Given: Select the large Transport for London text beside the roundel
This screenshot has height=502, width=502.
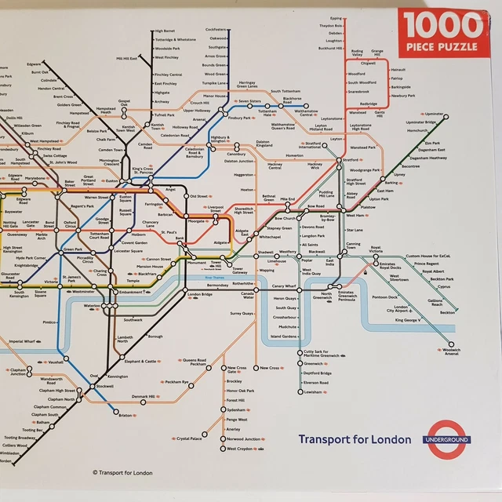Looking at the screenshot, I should (x=354, y=439).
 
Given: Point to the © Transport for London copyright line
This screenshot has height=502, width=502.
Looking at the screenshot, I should (x=122, y=472).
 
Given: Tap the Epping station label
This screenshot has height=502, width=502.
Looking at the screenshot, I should (x=336, y=18).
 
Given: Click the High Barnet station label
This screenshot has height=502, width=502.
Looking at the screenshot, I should (x=166, y=31).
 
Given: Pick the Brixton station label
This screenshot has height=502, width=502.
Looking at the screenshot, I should (x=125, y=416).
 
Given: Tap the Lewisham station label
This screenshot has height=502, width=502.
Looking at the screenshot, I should (x=313, y=391).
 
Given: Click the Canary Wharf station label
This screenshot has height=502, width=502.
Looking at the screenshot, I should (x=285, y=287).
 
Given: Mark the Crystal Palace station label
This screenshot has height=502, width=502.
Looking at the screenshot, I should (x=189, y=438).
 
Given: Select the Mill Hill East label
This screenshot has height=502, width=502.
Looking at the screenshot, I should (x=126, y=58).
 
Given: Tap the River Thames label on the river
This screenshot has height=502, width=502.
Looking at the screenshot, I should (x=214, y=277).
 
